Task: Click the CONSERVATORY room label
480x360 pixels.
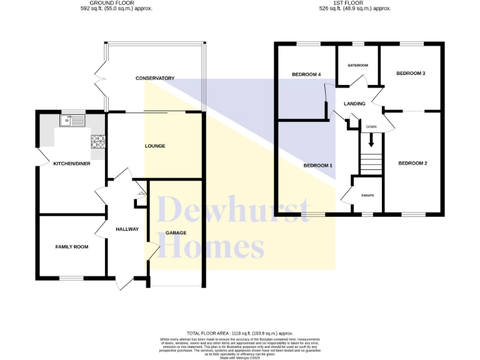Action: (154, 78)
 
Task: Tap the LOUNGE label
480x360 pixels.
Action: (155, 146)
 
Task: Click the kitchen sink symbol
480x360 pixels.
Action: (73, 120)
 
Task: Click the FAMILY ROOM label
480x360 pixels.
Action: (72, 247)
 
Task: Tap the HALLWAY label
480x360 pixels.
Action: (127, 229)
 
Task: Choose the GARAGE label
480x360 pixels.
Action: (176, 233)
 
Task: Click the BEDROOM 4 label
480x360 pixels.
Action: (306, 74)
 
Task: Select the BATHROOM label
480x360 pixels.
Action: (358, 66)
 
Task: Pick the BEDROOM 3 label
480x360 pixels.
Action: (411, 73)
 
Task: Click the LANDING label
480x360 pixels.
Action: (354, 104)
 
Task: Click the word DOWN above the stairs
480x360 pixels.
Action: (371, 127)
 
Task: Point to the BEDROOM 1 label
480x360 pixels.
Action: (317, 166)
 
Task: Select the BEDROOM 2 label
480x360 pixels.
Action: (412, 164)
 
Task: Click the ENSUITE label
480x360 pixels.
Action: (367, 196)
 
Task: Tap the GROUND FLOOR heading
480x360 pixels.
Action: (116, 3)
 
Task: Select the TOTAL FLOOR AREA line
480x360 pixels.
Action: (240, 334)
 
